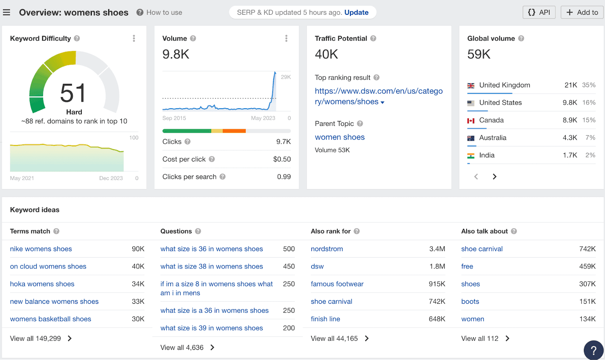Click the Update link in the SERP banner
click(356, 12)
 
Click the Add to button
click(582, 12)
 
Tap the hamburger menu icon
click(6, 12)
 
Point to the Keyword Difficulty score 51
click(73, 93)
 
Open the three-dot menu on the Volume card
click(286, 38)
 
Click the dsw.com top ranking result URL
click(379, 96)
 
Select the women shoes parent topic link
click(340, 137)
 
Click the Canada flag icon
click(471, 121)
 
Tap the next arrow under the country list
click(494, 177)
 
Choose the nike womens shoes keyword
click(41, 249)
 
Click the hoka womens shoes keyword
click(42, 284)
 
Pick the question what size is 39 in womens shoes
click(211, 328)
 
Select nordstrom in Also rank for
click(327, 249)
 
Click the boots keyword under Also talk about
click(470, 301)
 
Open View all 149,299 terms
click(40, 338)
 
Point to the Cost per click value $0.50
click(282, 159)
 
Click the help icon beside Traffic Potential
click(373, 38)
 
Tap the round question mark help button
click(593, 350)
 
